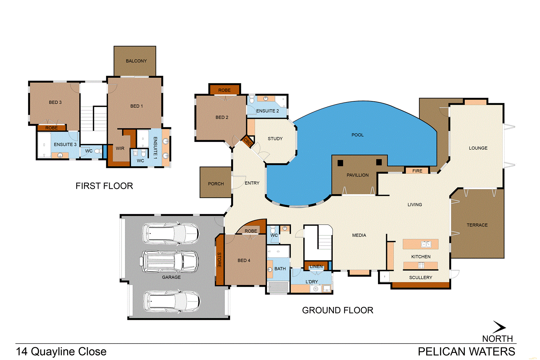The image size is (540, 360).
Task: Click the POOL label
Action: pos(357,135)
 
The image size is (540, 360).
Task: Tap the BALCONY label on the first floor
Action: pos(136,61)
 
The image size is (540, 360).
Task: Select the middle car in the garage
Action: pos(169,261)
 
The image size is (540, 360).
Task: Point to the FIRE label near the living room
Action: pos(417,171)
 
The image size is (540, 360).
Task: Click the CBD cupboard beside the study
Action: pos(247,142)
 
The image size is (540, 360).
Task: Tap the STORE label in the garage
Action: pos(219,260)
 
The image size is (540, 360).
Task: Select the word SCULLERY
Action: pos(421,278)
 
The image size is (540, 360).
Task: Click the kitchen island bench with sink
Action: pos(420,244)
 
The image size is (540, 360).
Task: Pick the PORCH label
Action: pos(216,184)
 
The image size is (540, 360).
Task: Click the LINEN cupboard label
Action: pos(316,266)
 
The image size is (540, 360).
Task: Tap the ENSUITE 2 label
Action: pos(267,111)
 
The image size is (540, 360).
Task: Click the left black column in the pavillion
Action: pos(340,163)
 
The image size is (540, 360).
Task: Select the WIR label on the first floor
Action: pos(120,148)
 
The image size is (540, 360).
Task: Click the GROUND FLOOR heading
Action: pos(337,310)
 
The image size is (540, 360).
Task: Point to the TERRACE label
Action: pos(477,225)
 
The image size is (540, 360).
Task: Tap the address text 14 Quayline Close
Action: pos(61,352)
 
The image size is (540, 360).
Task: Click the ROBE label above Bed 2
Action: pos(224,90)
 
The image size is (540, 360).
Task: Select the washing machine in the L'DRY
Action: pos(315,289)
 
